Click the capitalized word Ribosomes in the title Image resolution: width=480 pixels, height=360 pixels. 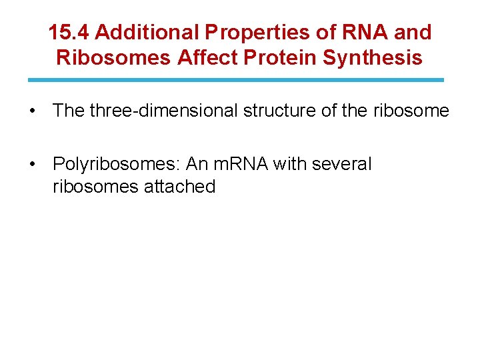(x=114, y=58)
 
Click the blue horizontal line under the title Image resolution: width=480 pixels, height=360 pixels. (x=236, y=80)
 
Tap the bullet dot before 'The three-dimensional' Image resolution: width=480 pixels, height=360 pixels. (x=32, y=111)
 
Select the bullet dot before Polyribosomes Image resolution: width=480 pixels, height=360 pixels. (x=32, y=164)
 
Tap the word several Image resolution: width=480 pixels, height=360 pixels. (x=341, y=164)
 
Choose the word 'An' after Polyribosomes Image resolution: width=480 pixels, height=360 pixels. (x=198, y=164)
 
